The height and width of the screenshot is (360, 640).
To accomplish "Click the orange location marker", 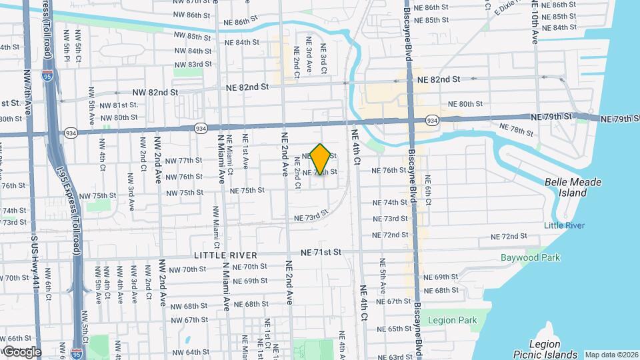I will (x=321, y=159).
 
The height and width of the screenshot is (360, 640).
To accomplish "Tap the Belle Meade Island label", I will (x=573, y=187).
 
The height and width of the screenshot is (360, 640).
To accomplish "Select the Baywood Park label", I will (x=531, y=257).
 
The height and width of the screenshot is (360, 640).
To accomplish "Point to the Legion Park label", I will (x=454, y=320).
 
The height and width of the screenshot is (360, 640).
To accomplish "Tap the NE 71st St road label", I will (x=321, y=252).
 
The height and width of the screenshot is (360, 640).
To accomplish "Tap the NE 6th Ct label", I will (x=427, y=189).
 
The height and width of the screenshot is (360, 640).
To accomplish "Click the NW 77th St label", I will (x=183, y=161).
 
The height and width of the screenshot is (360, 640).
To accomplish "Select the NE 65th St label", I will (x=403, y=329).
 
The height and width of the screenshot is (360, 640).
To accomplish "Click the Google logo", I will (x=21, y=351).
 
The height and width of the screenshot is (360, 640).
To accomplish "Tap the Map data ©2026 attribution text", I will (x=611, y=355).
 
